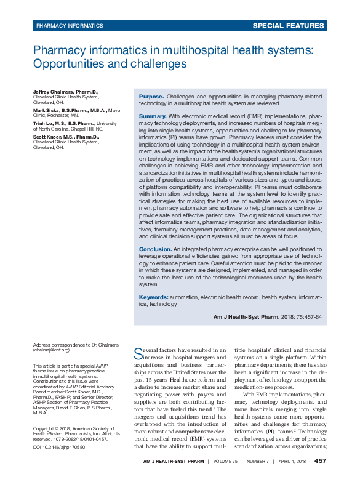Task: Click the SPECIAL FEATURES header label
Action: (x=289, y=26)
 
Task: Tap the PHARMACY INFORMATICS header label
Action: (x=70, y=26)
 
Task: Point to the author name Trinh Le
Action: (x=44, y=123)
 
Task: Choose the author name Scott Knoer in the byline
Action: (x=49, y=137)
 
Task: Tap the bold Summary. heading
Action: (x=153, y=116)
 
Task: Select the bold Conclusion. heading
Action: (x=155, y=249)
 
